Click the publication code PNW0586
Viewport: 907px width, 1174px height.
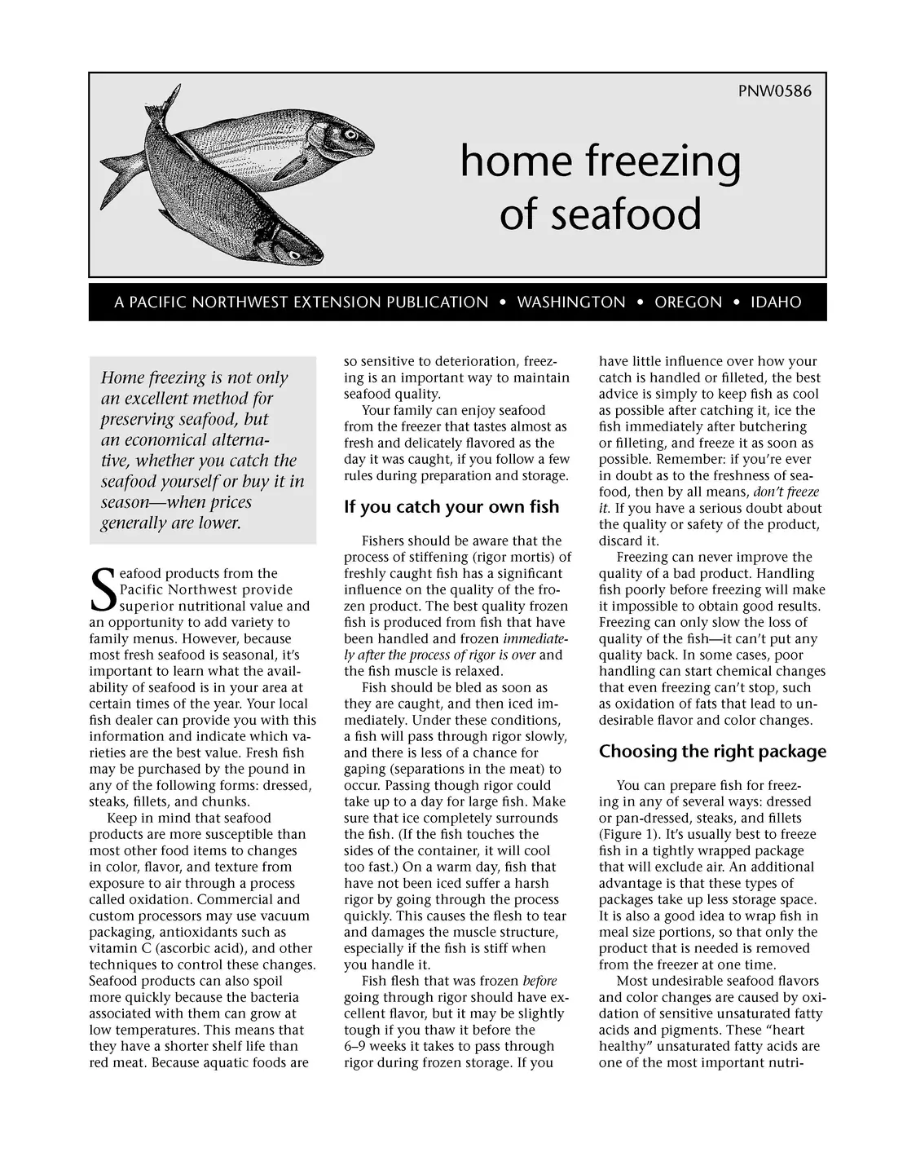(774, 90)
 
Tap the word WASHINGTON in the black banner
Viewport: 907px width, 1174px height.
(571, 302)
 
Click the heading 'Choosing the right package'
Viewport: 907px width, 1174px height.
(712, 752)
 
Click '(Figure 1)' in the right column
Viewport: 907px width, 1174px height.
(628, 835)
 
